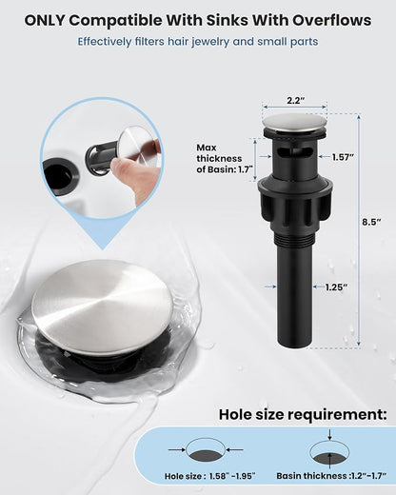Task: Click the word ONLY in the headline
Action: (45, 21)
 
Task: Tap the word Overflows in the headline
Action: (332, 21)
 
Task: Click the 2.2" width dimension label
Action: (295, 101)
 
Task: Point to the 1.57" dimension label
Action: (343, 157)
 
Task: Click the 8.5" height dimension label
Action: (371, 222)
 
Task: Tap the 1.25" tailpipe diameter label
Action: (337, 287)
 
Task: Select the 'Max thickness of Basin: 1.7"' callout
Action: (219, 158)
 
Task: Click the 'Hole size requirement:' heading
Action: (303, 414)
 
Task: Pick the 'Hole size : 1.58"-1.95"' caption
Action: (210, 476)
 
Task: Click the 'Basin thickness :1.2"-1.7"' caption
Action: (331, 476)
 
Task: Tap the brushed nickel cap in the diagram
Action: (295, 123)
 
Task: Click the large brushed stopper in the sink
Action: (102, 307)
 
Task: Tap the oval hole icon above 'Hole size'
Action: (206, 449)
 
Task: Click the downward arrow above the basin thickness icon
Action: (330, 434)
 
